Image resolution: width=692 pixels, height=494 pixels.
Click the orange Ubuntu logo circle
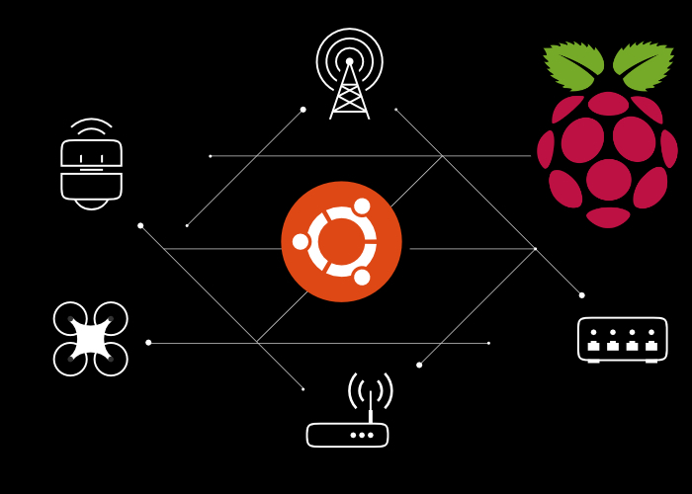341,241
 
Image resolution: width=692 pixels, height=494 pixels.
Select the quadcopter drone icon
90,339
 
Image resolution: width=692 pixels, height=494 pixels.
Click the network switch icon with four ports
622,339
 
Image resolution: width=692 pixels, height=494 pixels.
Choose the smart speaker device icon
91,170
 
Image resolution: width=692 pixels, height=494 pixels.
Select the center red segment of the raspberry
608,179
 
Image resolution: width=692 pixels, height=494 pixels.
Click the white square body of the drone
90,339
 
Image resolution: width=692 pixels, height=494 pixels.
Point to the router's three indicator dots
362,435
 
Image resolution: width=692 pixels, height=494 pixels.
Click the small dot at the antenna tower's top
349,61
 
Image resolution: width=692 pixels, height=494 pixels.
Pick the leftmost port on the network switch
593,346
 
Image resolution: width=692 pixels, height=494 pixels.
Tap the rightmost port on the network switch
650,346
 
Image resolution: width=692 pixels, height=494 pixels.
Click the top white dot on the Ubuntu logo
362,206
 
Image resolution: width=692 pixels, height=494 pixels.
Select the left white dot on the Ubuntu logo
301,241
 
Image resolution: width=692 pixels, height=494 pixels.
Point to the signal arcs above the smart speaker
91,125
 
